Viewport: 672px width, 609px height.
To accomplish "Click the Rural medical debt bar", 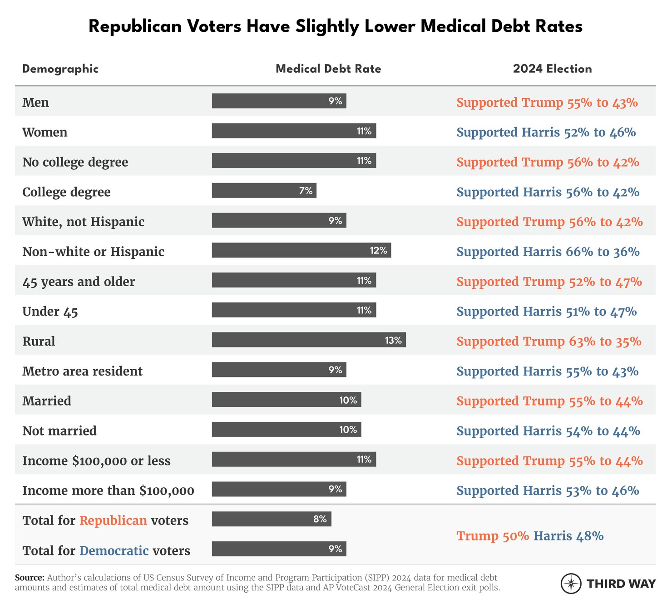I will click(x=309, y=340).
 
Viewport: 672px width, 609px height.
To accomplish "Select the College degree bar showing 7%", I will click(x=264, y=191).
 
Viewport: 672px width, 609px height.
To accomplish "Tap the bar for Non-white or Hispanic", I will click(x=301, y=250).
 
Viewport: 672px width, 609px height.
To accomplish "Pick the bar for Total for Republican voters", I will click(x=272, y=519).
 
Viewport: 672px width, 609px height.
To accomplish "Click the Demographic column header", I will click(x=60, y=69).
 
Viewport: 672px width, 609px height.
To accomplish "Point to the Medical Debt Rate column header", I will click(x=328, y=69).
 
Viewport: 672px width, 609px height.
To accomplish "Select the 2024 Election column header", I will click(x=552, y=69).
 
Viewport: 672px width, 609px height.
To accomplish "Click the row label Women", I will click(x=45, y=133).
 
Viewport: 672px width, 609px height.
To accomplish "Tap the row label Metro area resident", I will click(x=82, y=371).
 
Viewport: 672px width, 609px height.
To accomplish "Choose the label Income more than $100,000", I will click(x=108, y=491).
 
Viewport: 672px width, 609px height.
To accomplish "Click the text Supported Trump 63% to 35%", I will click(x=549, y=342).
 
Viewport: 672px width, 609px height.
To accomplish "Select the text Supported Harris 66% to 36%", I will click(x=548, y=252).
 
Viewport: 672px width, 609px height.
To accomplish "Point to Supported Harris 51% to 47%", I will click(x=547, y=312).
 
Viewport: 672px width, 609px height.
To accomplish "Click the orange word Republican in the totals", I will click(x=113, y=520).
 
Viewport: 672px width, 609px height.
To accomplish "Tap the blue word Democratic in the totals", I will click(x=114, y=551).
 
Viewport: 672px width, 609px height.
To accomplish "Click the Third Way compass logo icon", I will click(x=571, y=584).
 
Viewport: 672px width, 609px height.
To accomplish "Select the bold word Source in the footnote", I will click(x=30, y=578).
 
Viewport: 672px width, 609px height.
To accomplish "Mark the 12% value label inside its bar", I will click(x=378, y=250).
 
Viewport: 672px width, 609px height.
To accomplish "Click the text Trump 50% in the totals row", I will click(x=493, y=536).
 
